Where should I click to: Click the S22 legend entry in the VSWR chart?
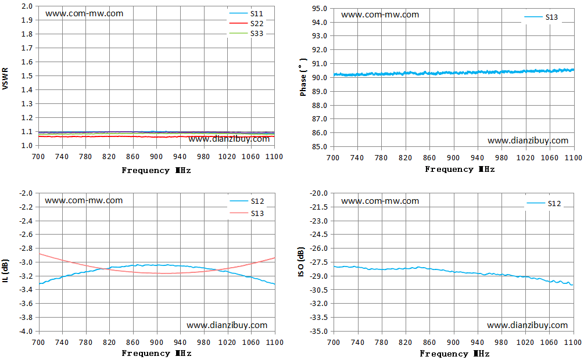[x=246, y=23]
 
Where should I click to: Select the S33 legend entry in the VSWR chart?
[x=246, y=34]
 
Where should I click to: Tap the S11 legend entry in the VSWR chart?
[x=246, y=14]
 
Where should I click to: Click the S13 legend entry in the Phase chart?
[x=541, y=17]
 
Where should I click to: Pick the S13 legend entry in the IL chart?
[x=246, y=213]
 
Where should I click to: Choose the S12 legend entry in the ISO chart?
[x=544, y=203]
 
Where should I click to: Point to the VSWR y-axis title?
[x=5, y=78]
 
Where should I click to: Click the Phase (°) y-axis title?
[x=303, y=77]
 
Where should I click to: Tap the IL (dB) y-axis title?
[x=5, y=270]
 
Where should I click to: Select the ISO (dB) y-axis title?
[x=301, y=262]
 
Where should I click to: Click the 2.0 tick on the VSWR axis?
[x=27, y=6]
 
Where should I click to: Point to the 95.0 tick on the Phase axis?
[x=320, y=9]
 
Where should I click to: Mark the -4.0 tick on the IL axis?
[x=26, y=332]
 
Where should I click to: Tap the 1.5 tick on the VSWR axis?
[x=27, y=76]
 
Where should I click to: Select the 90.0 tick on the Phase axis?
[x=320, y=78]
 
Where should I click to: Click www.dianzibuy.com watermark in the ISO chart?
[x=528, y=325]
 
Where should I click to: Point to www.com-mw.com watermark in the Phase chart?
[x=380, y=15]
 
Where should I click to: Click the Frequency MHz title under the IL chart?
[x=156, y=353]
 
